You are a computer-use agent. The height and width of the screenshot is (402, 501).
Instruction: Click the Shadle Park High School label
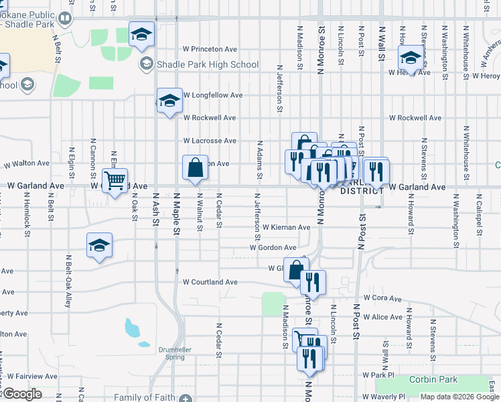pyautogui.click(x=207, y=64)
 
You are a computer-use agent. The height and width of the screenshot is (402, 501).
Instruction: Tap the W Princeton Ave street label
pyautogui.click(x=210, y=49)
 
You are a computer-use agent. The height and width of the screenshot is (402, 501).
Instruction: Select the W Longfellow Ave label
pyautogui.click(x=213, y=95)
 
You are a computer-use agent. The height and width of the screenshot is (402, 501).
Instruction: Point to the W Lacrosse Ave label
pyautogui.click(x=210, y=141)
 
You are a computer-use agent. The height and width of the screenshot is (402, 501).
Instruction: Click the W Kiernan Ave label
pyautogui.click(x=286, y=228)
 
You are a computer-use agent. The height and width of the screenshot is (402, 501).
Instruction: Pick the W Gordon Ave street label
pyautogui.click(x=273, y=247)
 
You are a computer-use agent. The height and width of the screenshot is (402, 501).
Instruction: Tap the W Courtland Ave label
pyautogui.click(x=210, y=282)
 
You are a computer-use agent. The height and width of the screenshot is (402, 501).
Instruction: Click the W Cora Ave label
pyautogui.click(x=382, y=297)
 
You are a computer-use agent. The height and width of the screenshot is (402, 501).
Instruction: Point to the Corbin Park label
pyautogui.click(x=436, y=380)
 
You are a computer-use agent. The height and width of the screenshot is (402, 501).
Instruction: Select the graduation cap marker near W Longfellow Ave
pyautogui.click(x=169, y=100)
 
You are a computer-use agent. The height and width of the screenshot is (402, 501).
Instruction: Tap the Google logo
pyautogui.click(x=22, y=394)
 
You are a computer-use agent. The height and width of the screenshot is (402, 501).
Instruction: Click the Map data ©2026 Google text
pyautogui.click(x=459, y=397)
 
